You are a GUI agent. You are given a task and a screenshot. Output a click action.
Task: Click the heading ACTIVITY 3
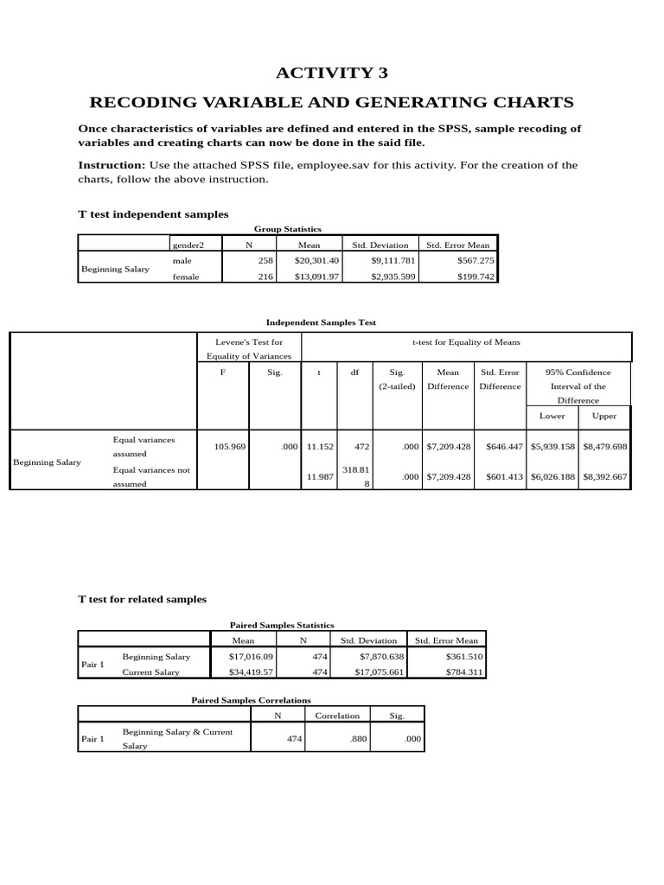(x=332, y=73)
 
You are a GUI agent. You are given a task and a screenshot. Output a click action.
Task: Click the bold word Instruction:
(x=112, y=165)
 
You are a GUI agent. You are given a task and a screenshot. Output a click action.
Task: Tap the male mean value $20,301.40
(x=317, y=260)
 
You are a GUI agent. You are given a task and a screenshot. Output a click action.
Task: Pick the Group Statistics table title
(x=287, y=229)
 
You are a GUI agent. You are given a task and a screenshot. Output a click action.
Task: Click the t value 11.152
(x=320, y=447)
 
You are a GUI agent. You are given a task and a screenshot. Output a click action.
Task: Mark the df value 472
(x=362, y=447)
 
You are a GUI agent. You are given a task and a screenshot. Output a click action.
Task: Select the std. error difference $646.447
(x=501, y=447)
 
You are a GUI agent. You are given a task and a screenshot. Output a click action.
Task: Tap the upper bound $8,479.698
(x=605, y=447)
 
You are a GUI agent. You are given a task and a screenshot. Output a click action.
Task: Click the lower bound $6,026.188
(x=553, y=477)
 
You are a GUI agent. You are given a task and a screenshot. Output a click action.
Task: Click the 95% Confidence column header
(x=578, y=372)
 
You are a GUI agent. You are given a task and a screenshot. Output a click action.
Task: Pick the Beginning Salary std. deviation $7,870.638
(x=373, y=657)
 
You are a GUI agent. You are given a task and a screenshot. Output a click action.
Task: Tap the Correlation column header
(x=337, y=716)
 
